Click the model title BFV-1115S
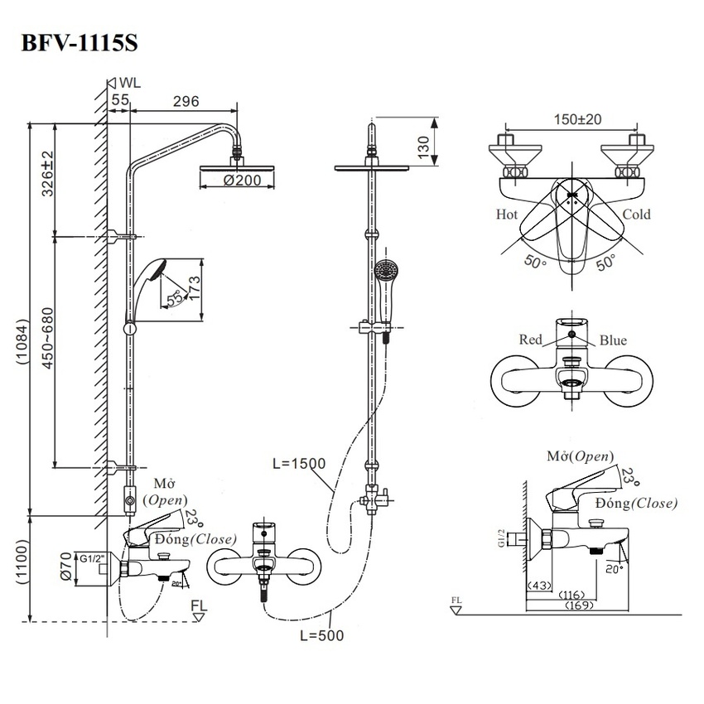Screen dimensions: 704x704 (x=80, y=43)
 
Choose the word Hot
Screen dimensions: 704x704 (x=507, y=215)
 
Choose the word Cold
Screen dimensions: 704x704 (x=636, y=215)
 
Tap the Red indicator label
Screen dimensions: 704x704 (x=530, y=340)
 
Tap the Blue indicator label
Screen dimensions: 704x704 (x=613, y=340)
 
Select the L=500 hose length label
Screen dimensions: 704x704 (x=319, y=635)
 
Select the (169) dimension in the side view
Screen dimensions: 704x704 (x=579, y=606)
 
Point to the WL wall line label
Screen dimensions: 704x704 (x=131, y=83)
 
